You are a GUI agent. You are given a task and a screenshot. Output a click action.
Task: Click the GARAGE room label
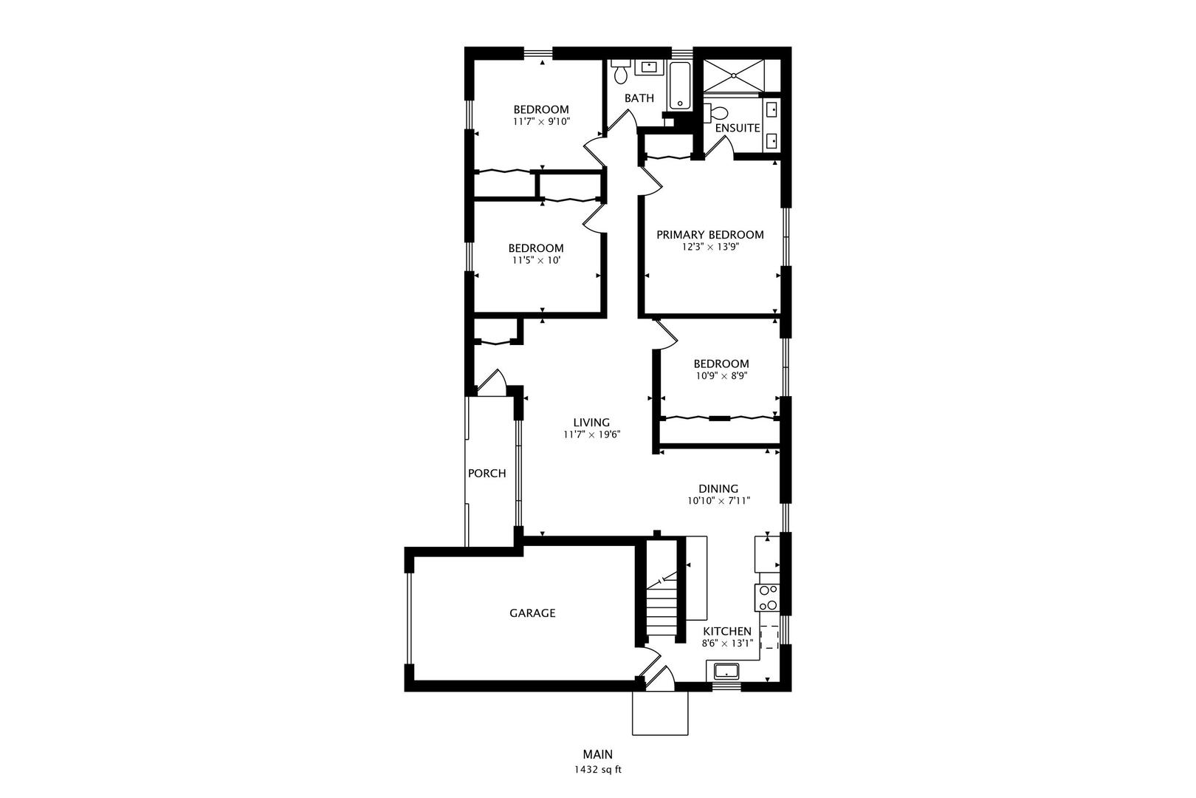(532, 613)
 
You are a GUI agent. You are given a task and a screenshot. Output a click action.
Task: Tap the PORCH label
(487, 474)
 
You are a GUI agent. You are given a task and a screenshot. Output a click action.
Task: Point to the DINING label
(718, 488)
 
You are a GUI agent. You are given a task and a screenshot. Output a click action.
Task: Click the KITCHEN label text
(727, 632)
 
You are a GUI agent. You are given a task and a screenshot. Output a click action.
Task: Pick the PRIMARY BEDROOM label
(710, 235)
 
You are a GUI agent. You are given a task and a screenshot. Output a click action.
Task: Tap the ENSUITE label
(738, 128)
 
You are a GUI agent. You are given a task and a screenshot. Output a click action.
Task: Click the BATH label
(639, 98)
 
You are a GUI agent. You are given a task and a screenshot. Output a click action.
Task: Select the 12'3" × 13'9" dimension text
(710, 248)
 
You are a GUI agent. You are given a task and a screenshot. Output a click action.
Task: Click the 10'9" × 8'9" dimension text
(721, 375)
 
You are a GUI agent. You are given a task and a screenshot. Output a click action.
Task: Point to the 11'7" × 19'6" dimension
(591, 435)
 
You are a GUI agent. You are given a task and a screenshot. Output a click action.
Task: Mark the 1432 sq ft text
(598, 769)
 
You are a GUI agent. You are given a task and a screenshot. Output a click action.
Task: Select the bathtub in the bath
(680, 86)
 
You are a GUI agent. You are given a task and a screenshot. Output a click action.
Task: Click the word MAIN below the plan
(598, 755)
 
